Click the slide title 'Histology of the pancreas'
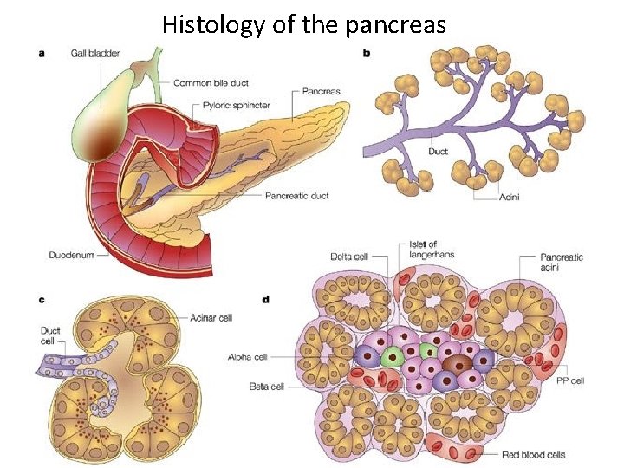(x=303, y=25)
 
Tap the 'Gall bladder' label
(x=96, y=54)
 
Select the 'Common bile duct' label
(x=211, y=83)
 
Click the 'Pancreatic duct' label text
(x=296, y=196)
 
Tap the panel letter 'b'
(x=366, y=53)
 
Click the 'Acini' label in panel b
(x=510, y=197)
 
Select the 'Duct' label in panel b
(x=439, y=151)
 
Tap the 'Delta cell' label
(x=349, y=257)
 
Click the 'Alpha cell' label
(x=246, y=356)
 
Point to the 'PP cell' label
(x=571, y=380)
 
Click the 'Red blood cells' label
(x=533, y=454)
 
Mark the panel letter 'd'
(x=265, y=300)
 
